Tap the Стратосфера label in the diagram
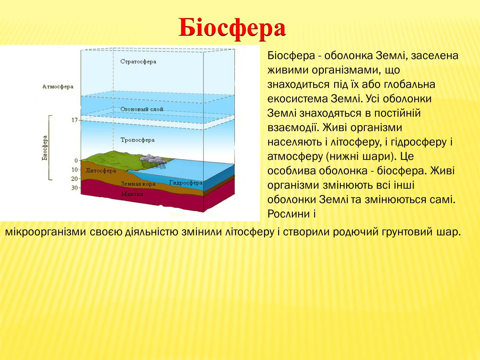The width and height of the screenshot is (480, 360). coord(138,61)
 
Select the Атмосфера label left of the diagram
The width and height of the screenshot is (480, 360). coord(58,87)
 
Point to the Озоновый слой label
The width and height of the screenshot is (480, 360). coord(142,109)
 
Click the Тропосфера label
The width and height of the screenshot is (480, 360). coord(138,140)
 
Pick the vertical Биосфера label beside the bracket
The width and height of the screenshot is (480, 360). coord(45,148)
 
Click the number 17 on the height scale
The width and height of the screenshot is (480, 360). coord(75,120)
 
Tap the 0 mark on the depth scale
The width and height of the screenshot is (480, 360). coord(76,161)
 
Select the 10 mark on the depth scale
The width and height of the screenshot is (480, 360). coord(75,169)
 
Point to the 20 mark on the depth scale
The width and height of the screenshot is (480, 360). coord(75,179)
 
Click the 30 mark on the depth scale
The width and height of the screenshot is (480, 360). coord(75,188)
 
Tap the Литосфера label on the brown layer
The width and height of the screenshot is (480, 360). coord(101,170)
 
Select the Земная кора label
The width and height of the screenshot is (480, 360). coord(138,184)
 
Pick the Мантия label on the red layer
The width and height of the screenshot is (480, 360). coord(132,194)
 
